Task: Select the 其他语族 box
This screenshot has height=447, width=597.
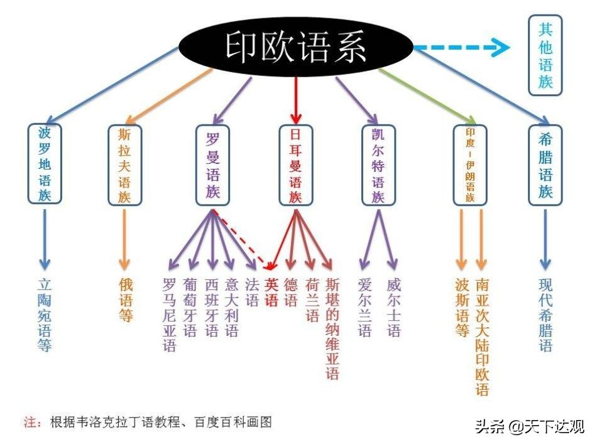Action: pyautogui.click(x=545, y=55)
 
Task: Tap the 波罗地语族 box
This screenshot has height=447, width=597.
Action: pyautogui.click(x=45, y=164)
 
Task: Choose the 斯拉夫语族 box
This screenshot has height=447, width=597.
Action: pyautogui.click(x=125, y=164)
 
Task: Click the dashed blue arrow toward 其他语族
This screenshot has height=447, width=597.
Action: pyautogui.click(x=462, y=47)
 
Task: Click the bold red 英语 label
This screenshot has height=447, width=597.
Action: pyautogui.click(x=271, y=292)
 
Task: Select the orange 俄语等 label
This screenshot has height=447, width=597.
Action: pyautogui.click(x=126, y=299)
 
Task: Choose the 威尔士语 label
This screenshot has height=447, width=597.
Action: pyautogui.click(x=393, y=308)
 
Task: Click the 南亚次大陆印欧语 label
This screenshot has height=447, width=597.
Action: pyautogui.click(x=482, y=337)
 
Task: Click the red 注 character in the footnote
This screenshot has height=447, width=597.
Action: pyautogui.click(x=28, y=421)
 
